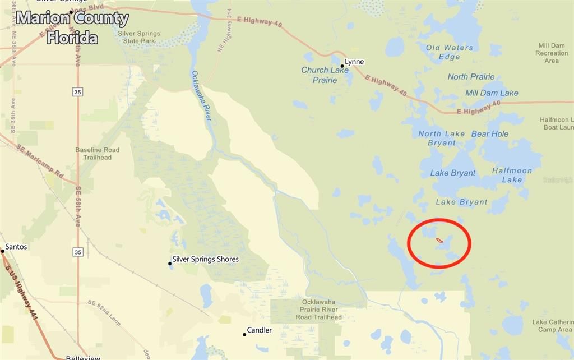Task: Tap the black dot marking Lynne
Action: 342,66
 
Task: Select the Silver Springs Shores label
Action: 205,259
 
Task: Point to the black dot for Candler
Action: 244,335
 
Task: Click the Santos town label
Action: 16,247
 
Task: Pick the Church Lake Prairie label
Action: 325,75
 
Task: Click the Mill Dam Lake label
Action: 492,93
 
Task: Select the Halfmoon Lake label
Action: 512,175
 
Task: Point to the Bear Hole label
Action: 490,134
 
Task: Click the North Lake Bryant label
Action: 442,138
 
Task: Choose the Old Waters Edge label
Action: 450,52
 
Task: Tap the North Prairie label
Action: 471,77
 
